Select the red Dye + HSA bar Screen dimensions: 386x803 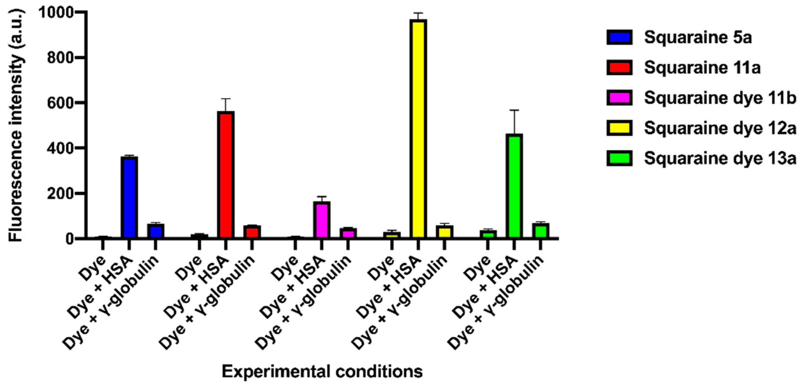(x=226, y=175)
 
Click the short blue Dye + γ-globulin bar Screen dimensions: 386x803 (x=156, y=231)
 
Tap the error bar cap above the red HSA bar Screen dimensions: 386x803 (x=226, y=99)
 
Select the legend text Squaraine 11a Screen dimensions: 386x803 (x=702, y=68)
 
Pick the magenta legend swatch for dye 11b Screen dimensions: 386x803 (x=620, y=98)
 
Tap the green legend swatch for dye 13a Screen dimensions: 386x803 (x=620, y=158)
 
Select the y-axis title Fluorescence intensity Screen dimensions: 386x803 (x=16, y=125)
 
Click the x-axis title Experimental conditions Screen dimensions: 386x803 (x=322, y=371)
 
